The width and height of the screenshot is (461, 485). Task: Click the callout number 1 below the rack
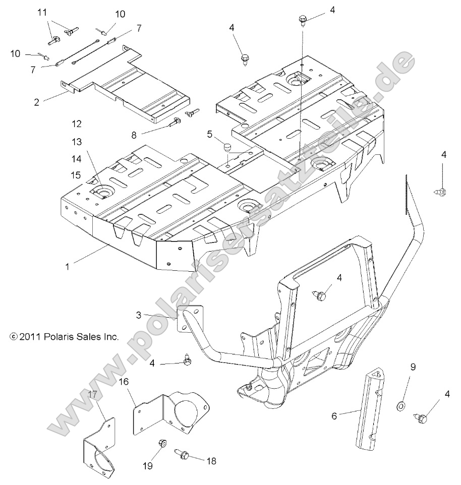coord(68,266)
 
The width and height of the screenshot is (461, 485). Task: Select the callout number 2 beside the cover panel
coord(37,102)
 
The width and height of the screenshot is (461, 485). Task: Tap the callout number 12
coord(76,124)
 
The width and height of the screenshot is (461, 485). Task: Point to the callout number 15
coord(76,174)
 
